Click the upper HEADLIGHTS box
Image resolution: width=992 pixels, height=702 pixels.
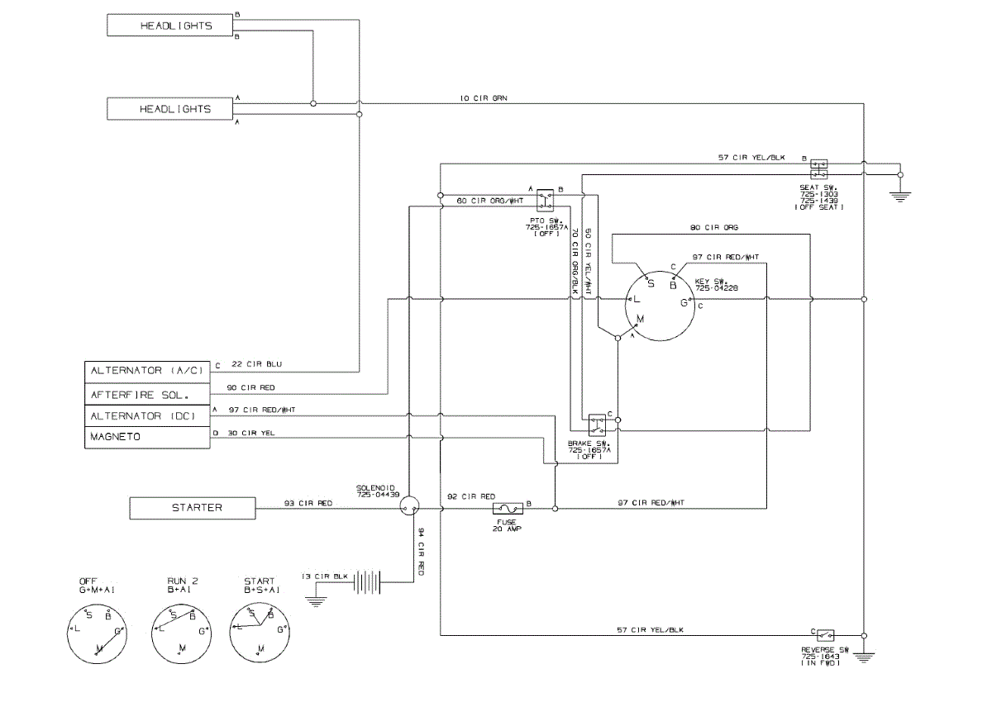point(175,26)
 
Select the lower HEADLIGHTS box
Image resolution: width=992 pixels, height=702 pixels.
point(175,109)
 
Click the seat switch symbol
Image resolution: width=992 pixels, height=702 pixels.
point(819,168)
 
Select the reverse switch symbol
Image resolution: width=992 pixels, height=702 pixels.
point(824,635)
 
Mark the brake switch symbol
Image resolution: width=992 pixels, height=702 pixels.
point(596,426)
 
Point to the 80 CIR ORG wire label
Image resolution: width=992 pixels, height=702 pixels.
point(714,227)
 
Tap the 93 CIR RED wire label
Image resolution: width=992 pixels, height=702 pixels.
point(308,503)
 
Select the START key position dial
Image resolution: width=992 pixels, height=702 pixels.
point(260,632)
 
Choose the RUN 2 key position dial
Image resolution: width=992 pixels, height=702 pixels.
point(180,632)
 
